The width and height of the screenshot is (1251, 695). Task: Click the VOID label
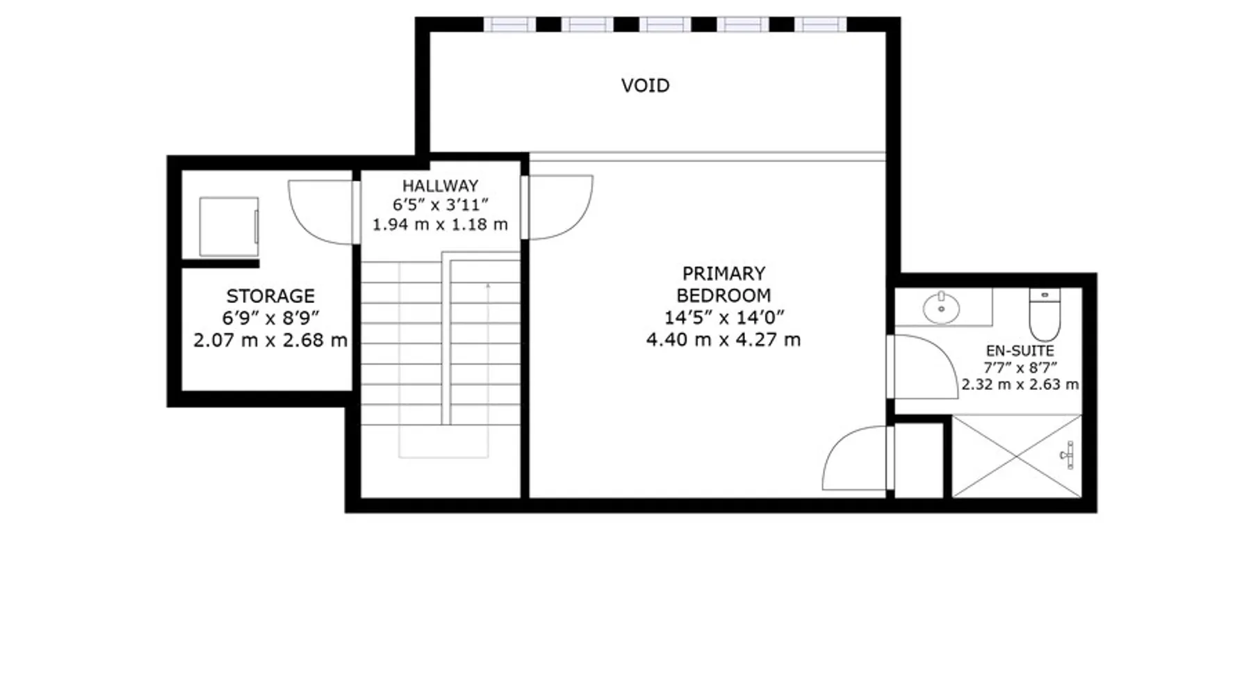point(645,85)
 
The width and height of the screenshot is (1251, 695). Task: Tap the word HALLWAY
point(440,186)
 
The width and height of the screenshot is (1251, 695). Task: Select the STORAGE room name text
point(270,295)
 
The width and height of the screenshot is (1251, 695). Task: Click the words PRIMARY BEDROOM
point(723,284)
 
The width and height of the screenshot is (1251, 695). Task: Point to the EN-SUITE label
point(1020,351)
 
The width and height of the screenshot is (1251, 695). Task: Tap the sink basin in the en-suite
point(941,308)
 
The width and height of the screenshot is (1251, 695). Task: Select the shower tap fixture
point(1069,455)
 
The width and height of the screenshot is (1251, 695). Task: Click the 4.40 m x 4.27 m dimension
point(723,340)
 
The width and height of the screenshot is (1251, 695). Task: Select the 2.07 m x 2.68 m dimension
point(270,341)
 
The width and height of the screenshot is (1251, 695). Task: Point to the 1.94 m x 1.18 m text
point(440,224)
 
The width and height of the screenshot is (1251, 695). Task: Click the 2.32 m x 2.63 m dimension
point(1020,384)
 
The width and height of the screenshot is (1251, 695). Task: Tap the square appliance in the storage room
point(229,227)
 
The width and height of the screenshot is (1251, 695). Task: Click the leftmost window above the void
point(509,25)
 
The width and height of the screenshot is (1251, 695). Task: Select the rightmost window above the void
point(821,25)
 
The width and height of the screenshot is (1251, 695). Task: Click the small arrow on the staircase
point(488,286)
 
